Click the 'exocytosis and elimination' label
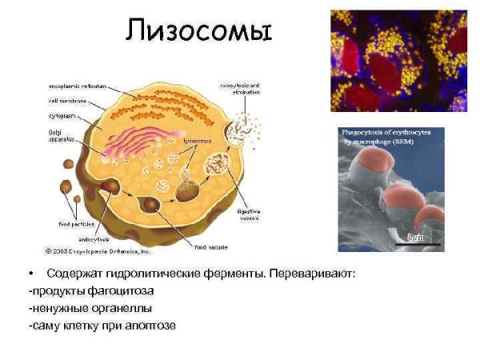[238, 88]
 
